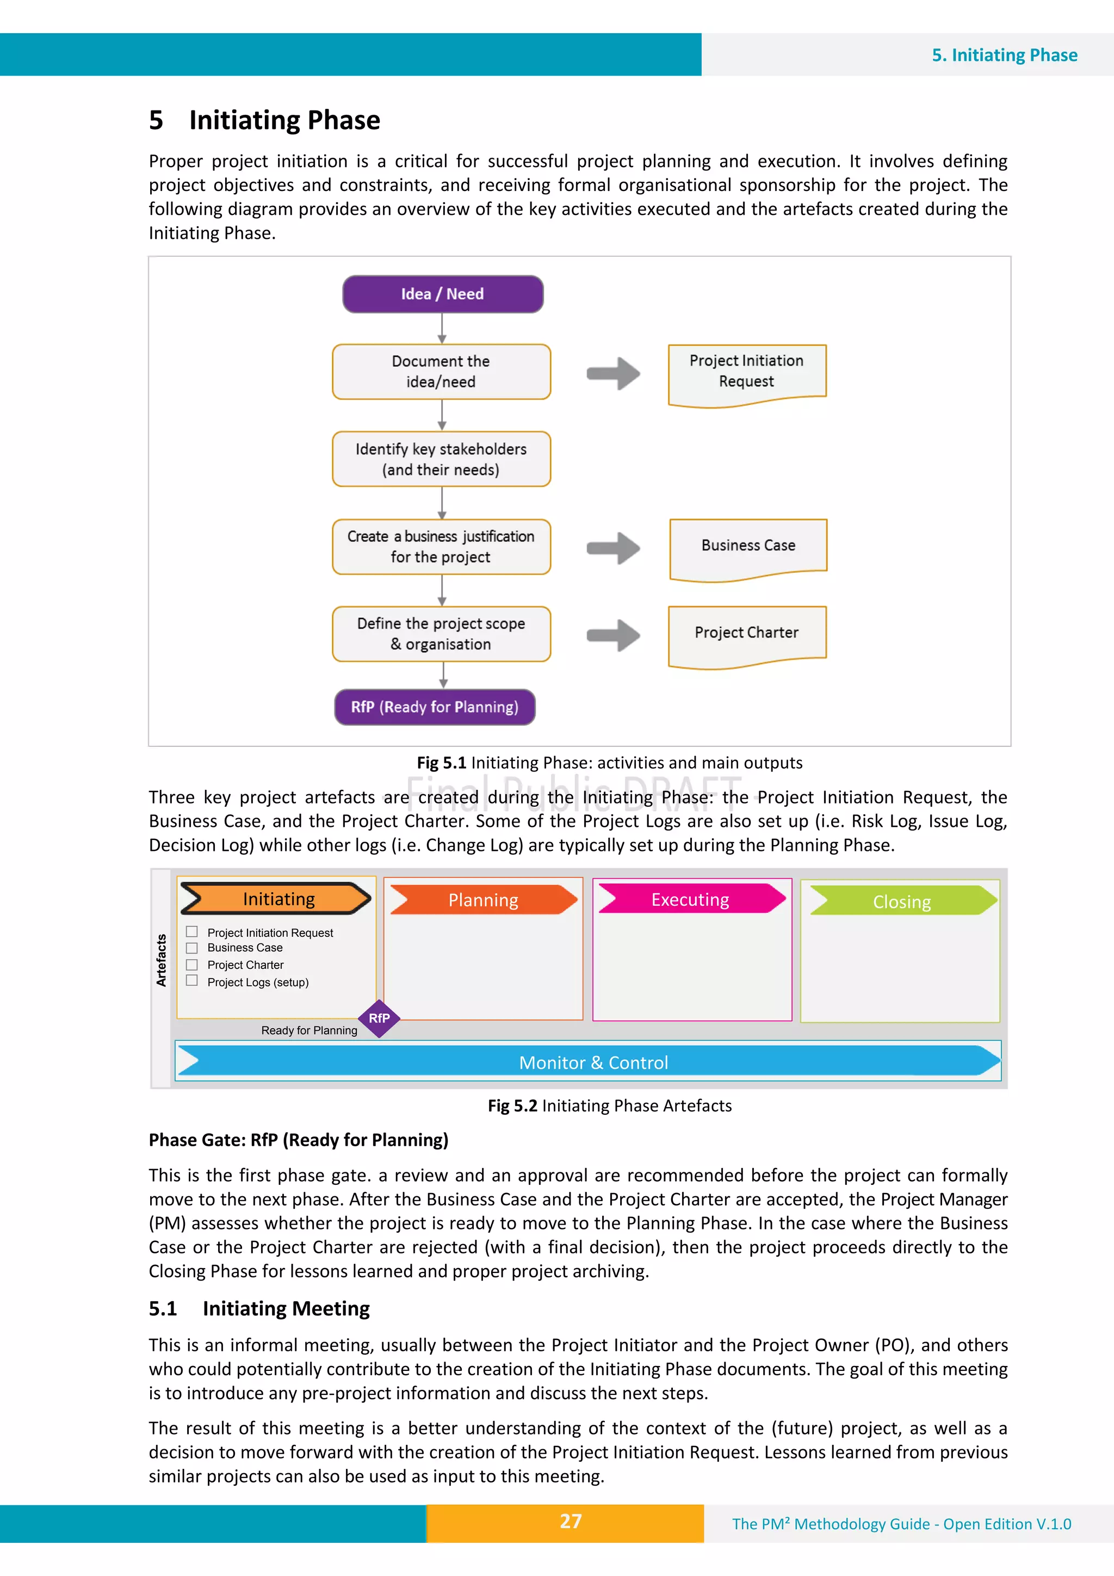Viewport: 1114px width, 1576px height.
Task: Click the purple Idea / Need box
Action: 443,294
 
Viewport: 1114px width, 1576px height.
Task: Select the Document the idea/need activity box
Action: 441,372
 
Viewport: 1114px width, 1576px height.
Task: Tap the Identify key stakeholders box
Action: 441,459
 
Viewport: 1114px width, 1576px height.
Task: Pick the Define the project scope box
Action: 441,634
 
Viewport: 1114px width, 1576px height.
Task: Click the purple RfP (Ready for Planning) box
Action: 435,707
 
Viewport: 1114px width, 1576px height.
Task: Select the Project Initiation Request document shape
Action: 747,373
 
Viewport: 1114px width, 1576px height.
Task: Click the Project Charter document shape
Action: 747,634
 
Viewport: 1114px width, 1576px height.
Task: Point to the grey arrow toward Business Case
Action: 613,548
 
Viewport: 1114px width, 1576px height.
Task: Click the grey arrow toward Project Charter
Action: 613,635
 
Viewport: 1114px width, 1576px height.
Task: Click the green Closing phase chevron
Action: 902,900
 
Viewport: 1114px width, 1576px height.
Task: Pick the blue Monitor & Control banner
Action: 588,1062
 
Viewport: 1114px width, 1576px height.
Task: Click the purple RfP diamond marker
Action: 379,1018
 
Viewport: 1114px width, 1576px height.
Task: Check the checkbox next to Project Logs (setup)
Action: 192,980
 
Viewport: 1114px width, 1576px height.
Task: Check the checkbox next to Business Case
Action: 192,947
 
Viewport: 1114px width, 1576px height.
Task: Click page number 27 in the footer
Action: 571,1522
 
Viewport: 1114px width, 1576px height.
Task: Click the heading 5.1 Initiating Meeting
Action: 259,1308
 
